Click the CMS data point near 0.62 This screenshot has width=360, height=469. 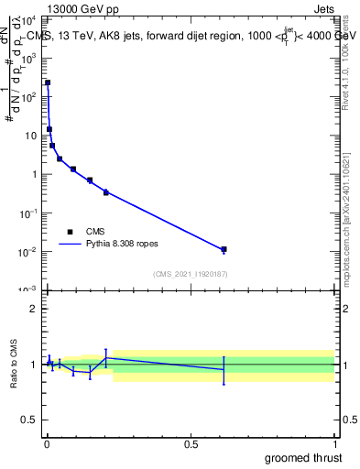(224, 249)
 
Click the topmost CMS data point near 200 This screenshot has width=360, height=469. (48, 82)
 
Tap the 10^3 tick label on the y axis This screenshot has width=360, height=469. (28, 58)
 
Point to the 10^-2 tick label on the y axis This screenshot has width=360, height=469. (28, 252)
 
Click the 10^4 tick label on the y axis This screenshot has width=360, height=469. (28, 19)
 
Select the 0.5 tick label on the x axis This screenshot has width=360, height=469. (191, 444)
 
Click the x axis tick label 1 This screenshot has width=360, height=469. (333, 444)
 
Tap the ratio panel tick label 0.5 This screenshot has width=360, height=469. (29, 421)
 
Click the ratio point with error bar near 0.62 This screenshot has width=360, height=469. (224, 370)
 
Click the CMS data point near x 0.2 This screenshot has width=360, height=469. (106, 192)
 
